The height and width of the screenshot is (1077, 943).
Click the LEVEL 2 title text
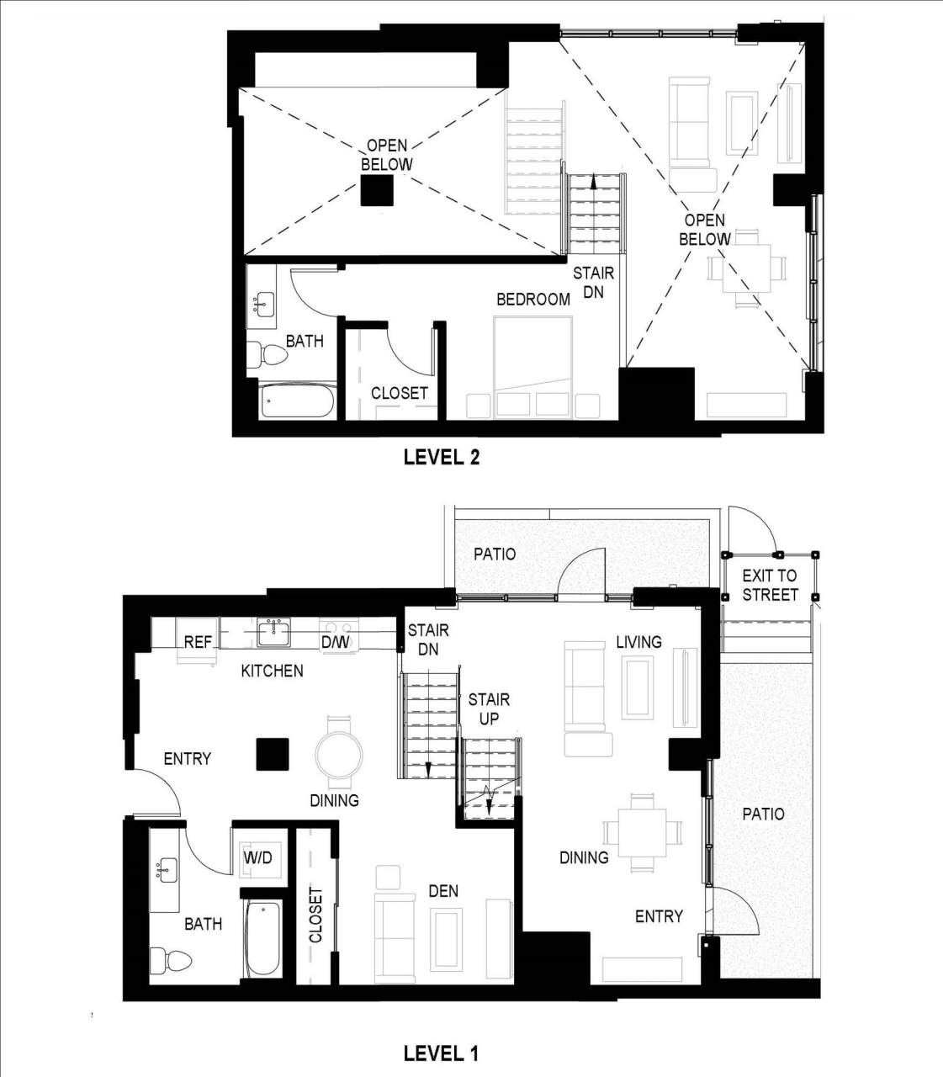(x=441, y=457)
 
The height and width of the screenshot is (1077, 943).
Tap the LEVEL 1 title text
(x=441, y=1053)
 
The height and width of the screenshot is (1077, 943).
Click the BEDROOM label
(x=532, y=300)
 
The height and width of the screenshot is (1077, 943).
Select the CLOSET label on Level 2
(x=399, y=393)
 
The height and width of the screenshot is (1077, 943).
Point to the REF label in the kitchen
(x=198, y=642)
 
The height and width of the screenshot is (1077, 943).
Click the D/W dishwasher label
(x=335, y=643)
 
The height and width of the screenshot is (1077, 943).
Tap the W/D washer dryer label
(x=257, y=858)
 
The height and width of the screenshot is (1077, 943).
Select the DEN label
(x=443, y=891)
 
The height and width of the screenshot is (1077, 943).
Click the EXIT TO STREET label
(x=770, y=586)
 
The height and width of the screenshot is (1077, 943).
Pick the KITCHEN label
(x=272, y=671)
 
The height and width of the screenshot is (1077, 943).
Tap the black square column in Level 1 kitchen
(x=273, y=753)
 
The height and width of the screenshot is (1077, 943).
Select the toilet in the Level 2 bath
(x=268, y=356)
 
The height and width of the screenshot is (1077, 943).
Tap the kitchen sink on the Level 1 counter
(x=274, y=632)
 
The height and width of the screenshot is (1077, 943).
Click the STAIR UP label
(x=489, y=708)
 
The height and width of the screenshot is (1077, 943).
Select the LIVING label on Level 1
(x=638, y=642)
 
